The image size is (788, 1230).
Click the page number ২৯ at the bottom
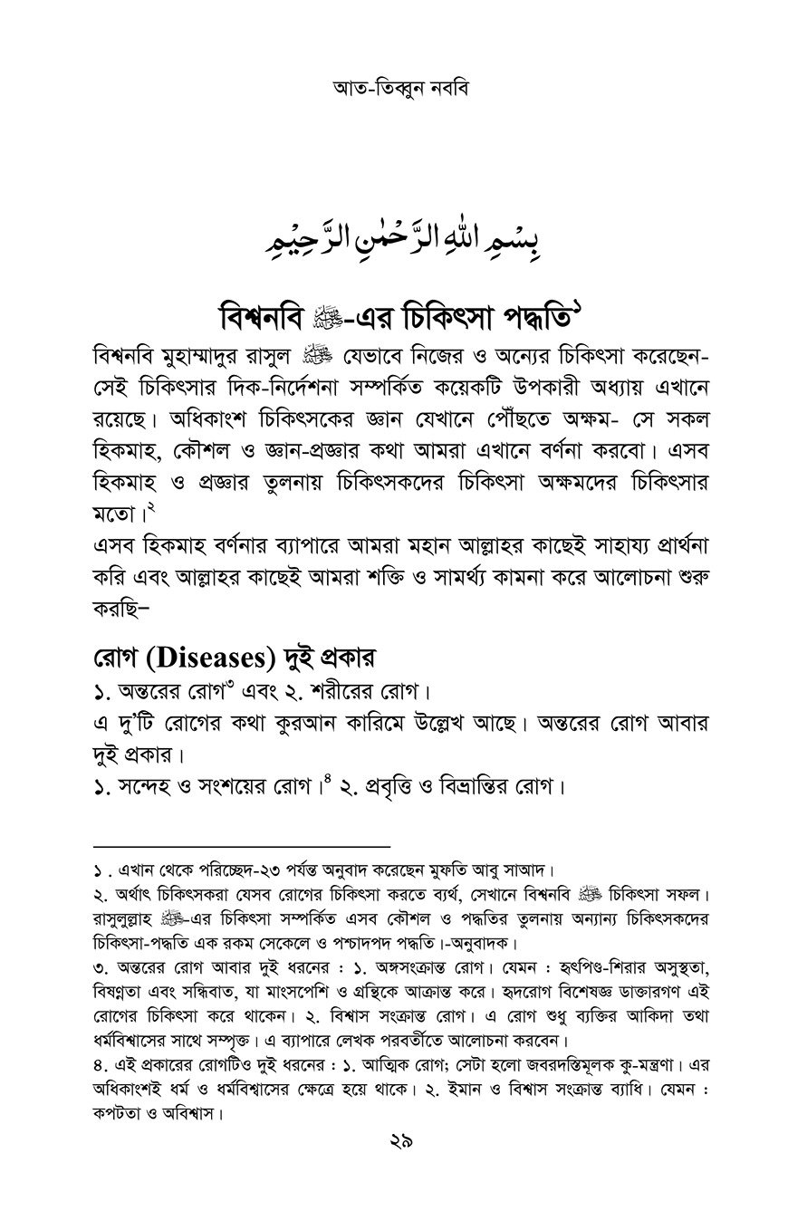394,1143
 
